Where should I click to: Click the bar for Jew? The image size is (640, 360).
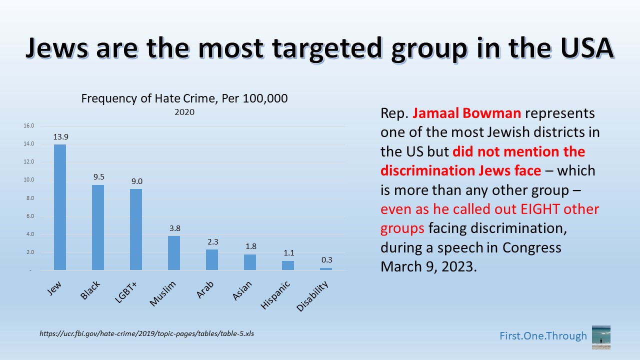click(60, 207)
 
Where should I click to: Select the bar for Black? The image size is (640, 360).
click(98, 227)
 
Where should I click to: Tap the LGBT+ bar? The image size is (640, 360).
click(136, 229)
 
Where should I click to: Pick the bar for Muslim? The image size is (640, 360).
click(174, 253)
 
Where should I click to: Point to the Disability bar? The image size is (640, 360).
click(326, 269)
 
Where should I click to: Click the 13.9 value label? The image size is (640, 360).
click(60, 136)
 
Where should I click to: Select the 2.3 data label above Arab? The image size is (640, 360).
click(212, 241)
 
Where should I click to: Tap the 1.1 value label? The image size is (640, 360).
click(288, 253)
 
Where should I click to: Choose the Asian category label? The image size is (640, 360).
click(242, 290)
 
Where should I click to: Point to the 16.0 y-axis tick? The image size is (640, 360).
click(28, 126)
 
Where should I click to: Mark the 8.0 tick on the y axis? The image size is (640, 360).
click(29, 198)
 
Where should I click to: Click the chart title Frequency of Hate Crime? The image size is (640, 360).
click(184, 98)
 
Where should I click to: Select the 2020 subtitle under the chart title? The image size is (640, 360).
click(184, 112)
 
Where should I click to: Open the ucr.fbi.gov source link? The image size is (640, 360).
click(147, 333)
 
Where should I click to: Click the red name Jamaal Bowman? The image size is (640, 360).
click(467, 113)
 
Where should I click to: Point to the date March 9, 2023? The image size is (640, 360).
click(426, 266)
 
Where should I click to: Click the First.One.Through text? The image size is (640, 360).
click(543, 336)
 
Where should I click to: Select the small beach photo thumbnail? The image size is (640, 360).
click(600, 337)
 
